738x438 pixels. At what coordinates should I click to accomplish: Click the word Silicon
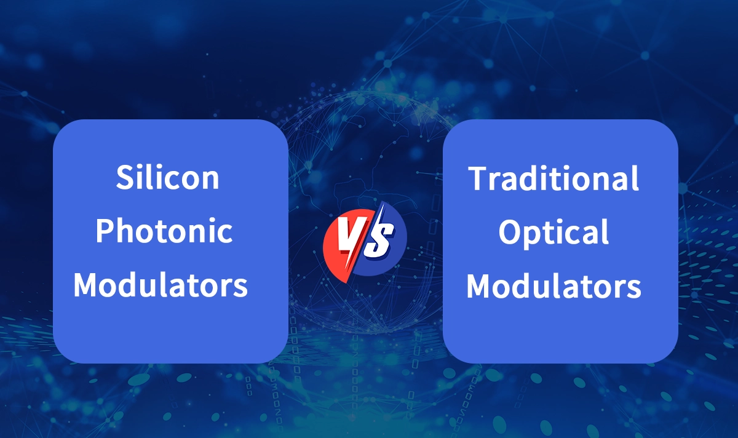pos(167,178)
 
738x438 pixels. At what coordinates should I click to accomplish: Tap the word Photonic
pos(165,232)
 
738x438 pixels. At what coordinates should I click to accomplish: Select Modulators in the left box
pos(165,285)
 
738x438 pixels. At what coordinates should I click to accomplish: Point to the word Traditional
pos(553,178)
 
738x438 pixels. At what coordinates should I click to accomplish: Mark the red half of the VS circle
pos(337,246)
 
